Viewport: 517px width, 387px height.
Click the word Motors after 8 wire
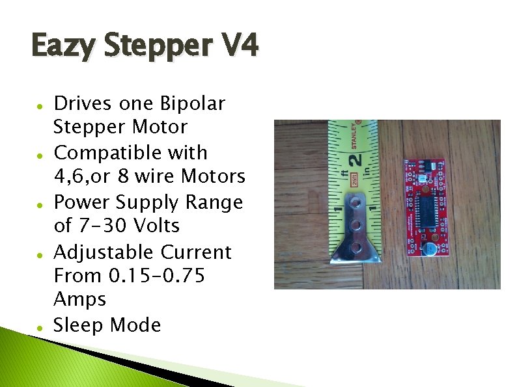213,176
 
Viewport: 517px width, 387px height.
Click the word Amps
79,299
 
